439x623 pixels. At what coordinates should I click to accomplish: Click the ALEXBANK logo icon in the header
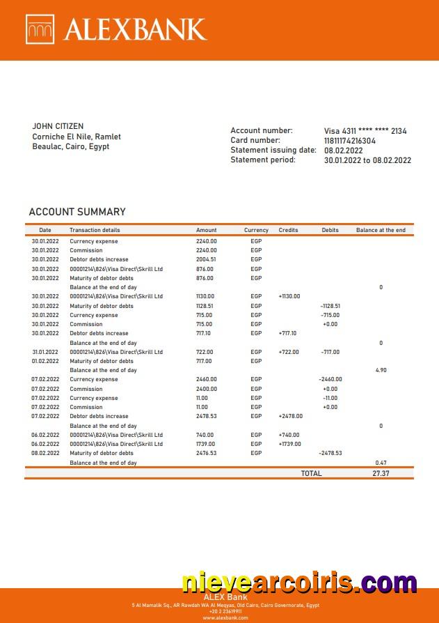coord(40,29)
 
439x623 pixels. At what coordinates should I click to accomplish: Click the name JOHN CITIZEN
coord(58,126)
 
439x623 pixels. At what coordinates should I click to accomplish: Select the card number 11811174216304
coord(350,141)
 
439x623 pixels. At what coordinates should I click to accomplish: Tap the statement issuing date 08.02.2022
coord(344,151)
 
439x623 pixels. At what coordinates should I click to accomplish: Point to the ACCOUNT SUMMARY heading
coord(77,212)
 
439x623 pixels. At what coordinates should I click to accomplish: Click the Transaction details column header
coord(95,230)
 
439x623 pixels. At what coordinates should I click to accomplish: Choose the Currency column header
coord(256,230)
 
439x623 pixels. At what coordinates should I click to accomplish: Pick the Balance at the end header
coord(381,230)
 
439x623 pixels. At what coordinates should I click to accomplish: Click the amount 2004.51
coord(206,259)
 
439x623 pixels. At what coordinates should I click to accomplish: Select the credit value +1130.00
coord(289,296)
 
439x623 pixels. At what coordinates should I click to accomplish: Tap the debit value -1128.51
coord(330,306)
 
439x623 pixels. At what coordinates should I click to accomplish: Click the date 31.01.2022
coord(45,352)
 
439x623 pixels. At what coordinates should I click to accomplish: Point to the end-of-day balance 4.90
coord(381,370)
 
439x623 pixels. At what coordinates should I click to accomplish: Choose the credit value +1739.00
coord(289,444)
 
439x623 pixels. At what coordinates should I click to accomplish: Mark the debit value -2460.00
coord(330,379)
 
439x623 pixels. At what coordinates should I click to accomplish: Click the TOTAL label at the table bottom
coord(311,473)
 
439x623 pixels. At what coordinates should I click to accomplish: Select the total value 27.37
coord(381,473)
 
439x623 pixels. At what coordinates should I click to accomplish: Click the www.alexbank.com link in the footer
coord(220,617)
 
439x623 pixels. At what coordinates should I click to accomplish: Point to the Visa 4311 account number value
coord(365,131)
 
